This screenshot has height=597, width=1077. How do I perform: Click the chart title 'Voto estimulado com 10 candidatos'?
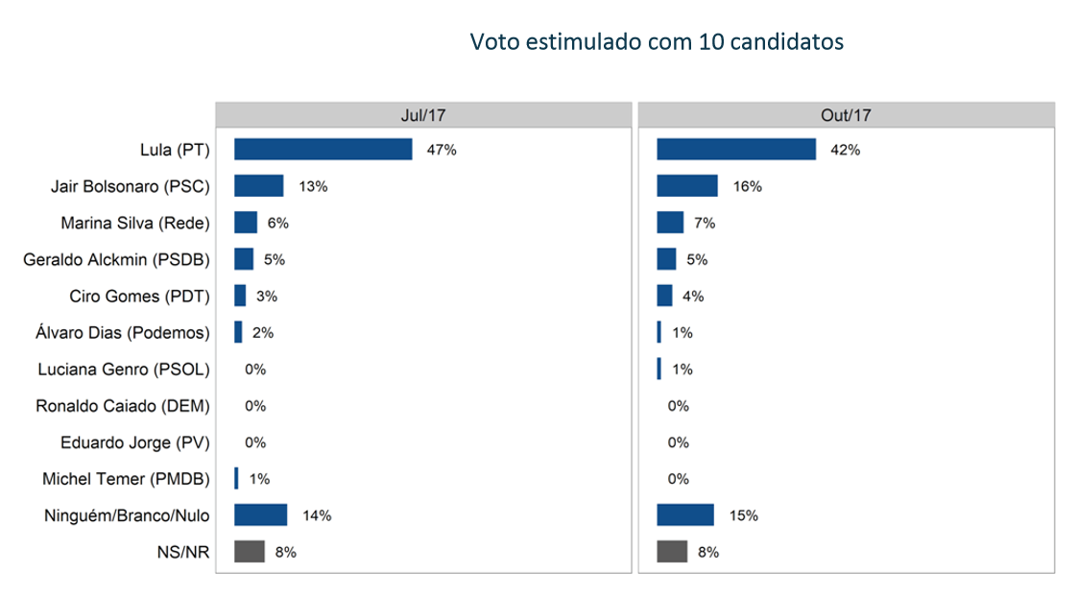tap(657, 42)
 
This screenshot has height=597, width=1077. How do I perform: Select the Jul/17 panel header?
tap(422, 115)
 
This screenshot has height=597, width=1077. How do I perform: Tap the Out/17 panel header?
tap(846, 115)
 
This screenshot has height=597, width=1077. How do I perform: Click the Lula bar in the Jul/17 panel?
tap(323, 150)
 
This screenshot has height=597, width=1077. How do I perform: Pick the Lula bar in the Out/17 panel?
tap(736, 150)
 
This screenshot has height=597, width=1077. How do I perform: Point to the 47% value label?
tap(442, 150)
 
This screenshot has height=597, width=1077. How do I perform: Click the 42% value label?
tap(846, 150)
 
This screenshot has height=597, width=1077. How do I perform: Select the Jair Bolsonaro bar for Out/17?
tap(687, 186)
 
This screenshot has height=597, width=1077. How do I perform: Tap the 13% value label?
tap(313, 186)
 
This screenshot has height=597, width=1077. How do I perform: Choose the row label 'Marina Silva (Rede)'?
tap(134, 223)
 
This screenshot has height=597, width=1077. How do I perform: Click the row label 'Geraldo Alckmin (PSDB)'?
tap(116, 259)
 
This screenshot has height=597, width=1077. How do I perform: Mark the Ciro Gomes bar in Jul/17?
tap(240, 296)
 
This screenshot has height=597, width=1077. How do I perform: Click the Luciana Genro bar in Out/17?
tap(659, 370)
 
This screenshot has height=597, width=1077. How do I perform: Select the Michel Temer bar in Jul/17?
tap(236, 479)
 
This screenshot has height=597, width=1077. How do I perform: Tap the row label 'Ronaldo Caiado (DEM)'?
tap(122, 406)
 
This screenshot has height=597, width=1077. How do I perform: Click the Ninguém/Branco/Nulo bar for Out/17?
tap(685, 515)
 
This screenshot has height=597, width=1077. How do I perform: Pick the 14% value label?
tap(317, 515)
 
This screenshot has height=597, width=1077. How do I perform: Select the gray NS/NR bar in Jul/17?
tap(250, 552)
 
